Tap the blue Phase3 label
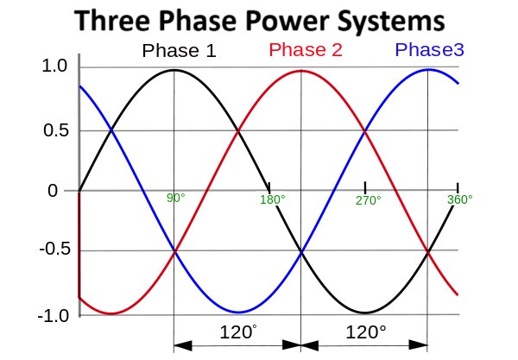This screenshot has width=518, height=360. [430, 49]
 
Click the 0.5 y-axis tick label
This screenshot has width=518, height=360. [54, 131]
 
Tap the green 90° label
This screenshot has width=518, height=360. [176, 199]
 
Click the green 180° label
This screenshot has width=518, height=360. [273, 200]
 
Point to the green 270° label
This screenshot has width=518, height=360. [368, 200]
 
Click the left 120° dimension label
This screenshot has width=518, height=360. [237, 332]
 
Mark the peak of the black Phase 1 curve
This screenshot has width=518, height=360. [174, 70]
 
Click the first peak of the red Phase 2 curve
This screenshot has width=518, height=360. [301, 71]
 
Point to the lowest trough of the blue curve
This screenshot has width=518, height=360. [238, 313]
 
